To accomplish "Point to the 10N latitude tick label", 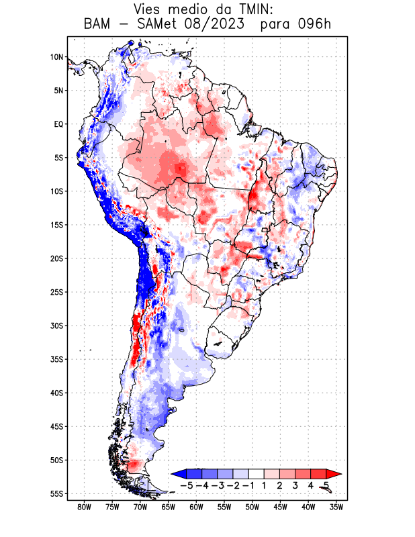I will pos(56,57).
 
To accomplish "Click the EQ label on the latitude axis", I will pos(58,124).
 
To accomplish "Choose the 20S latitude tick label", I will pos(56,258).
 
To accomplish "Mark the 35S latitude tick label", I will pos(56,359).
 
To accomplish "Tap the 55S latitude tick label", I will pos(56,493).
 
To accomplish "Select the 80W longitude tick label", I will pos(84,507).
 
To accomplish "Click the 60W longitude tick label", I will pos(196,507).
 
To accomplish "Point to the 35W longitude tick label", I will pos(336,507).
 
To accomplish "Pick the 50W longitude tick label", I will pos(252,507).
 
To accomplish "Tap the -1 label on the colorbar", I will pos(248,485).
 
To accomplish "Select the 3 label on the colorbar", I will pos(295,485).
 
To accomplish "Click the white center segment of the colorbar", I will pos(257,474).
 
